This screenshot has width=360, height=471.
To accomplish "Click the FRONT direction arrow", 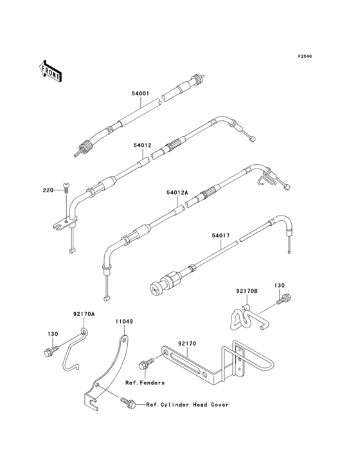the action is (50, 71).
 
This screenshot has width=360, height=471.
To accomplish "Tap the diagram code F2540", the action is (305, 56).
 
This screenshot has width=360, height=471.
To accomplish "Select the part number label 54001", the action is (140, 93).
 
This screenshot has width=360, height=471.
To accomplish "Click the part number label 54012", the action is (143, 145).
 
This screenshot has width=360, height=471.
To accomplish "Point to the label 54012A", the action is (177, 192).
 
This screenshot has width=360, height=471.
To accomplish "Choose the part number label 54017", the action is (221, 235).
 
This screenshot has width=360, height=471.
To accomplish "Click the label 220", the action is (48, 190).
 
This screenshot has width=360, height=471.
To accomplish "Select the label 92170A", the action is (84, 314).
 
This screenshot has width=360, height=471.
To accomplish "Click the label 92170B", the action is (247, 291).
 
